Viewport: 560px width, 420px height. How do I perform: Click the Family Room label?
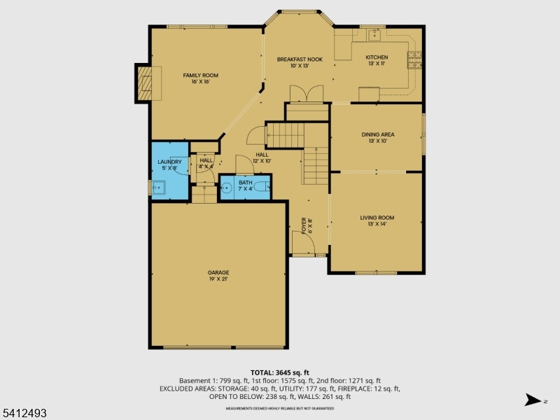point(201,78)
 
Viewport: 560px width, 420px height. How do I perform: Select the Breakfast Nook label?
point(299,62)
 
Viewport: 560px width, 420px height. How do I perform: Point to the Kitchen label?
point(377,60)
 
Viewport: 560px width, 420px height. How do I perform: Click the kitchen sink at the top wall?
point(374,32)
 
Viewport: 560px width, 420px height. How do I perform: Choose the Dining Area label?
point(377,137)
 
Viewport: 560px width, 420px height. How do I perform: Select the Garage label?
point(218,275)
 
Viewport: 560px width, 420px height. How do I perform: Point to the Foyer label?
point(306,225)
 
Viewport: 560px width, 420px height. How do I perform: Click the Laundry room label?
point(169,164)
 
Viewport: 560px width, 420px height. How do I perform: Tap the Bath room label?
point(244,185)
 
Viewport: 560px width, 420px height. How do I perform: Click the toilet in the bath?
point(261,187)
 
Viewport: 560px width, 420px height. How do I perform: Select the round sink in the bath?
point(227,188)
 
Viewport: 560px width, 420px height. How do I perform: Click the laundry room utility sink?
point(159,187)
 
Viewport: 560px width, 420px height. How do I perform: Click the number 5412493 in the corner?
point(24,414)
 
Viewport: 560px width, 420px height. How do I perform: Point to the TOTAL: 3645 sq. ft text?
point(279,372)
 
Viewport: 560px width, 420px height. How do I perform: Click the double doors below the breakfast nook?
point(307,93)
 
